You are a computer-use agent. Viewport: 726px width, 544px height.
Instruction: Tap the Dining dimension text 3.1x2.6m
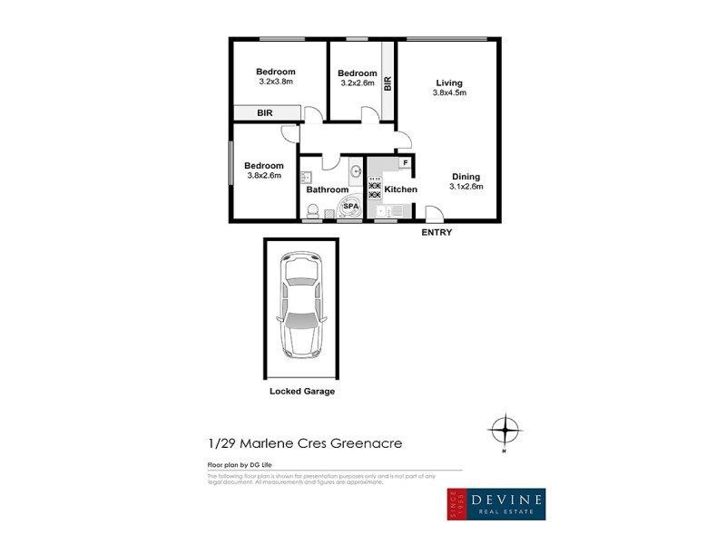[466, 187]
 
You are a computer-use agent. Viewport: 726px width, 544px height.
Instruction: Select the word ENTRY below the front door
[437, 233]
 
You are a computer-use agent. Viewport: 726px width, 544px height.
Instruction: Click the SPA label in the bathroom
[350, 207]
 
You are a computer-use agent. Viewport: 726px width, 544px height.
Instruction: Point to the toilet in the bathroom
[311, 210]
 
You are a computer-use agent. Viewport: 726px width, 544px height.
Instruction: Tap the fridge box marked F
[405, 163]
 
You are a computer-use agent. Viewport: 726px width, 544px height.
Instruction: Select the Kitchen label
[400, 189]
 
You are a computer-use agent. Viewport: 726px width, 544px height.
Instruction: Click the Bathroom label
[327, 189]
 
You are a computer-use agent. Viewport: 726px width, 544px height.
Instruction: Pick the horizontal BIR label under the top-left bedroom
[265, 113]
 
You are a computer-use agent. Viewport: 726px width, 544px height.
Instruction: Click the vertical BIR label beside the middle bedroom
[388, 84]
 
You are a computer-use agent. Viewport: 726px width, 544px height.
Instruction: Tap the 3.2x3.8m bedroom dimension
[275, 83]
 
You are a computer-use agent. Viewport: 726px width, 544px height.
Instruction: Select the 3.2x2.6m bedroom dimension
[357, 83]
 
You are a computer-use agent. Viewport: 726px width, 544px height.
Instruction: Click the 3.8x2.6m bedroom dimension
[264, 176]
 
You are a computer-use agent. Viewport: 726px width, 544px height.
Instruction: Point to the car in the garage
[301, 305]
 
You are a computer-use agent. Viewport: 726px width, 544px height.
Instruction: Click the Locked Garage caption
[302, 392]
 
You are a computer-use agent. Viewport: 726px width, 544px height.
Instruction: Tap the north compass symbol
[505, 429]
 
